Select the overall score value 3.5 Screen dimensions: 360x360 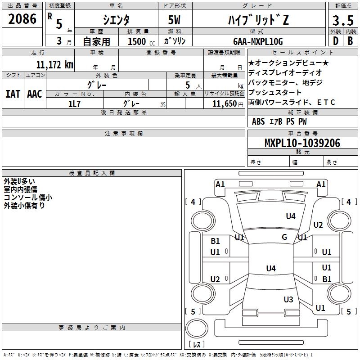(342, 21)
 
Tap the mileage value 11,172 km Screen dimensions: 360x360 (54, 64)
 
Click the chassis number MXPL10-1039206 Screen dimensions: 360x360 (302, 144)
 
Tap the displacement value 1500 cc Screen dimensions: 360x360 (140, 41)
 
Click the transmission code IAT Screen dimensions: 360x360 (13, 94)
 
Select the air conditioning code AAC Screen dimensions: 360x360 (35, 94)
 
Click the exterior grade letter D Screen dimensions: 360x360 (335, 41)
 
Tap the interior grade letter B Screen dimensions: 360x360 (350, 41)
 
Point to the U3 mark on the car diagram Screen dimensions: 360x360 (288, 299)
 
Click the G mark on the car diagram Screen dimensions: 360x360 (284, 237)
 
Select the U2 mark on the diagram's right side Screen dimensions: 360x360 (318, 225)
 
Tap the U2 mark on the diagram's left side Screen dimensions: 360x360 (215, 279)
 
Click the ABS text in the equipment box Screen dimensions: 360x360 (258, 121)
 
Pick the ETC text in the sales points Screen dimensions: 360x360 (326, 102)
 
